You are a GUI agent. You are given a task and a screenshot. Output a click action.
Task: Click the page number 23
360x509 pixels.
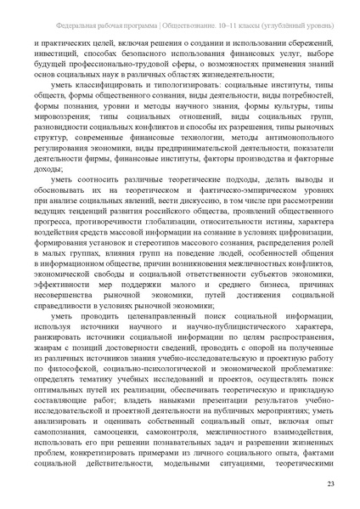pyautogui.click(x=330, y=484)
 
